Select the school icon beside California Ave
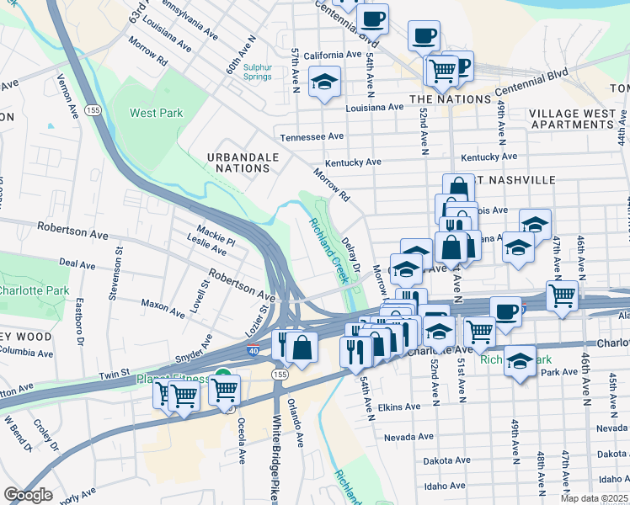(x=324, y=82)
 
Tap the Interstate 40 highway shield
(x=254, y=351)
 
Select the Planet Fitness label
(x=174, y=379)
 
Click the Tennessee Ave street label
(x=312, y=136)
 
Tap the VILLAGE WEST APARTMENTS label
(x=578, y=118)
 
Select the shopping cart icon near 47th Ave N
(x=562, y=295)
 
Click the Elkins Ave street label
(x=399, y=407)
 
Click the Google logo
(x=28, y=495)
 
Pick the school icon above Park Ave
(x=520, y=361)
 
